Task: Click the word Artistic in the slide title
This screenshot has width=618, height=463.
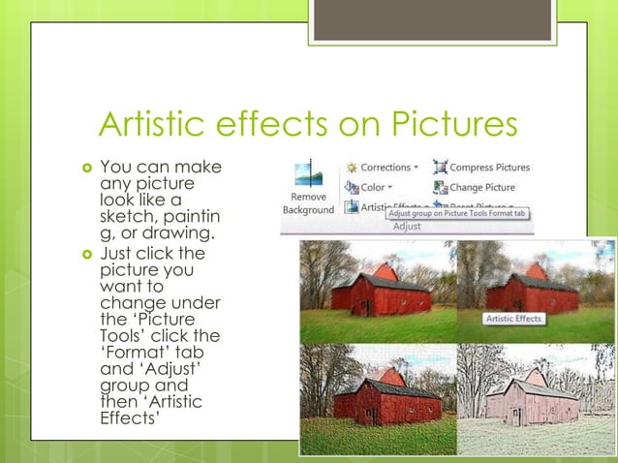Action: tap(155, 127)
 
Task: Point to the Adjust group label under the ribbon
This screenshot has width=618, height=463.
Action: tap(406, 227)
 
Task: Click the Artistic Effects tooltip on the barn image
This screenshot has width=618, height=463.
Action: tap(514, 318)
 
